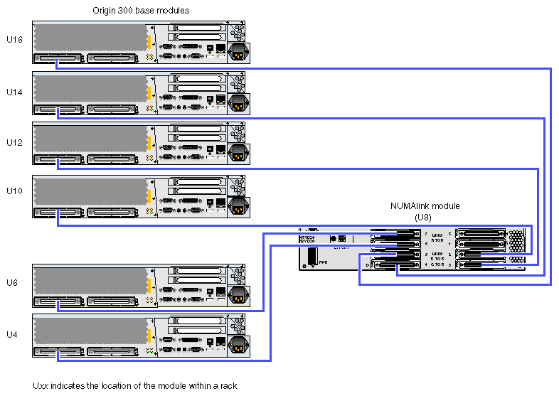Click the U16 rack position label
click(14, 40)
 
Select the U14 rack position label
click(14, 92)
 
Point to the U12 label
click(14, 142)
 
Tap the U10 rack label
click(14, 191)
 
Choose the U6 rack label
click(12, 283)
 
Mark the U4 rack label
click(12, 333)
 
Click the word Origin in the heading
click(105, 11)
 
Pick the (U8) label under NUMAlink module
click(424, 217)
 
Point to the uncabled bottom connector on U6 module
click(110, 302)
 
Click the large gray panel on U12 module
click(89, 134)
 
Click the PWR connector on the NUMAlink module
click(311, 258)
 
